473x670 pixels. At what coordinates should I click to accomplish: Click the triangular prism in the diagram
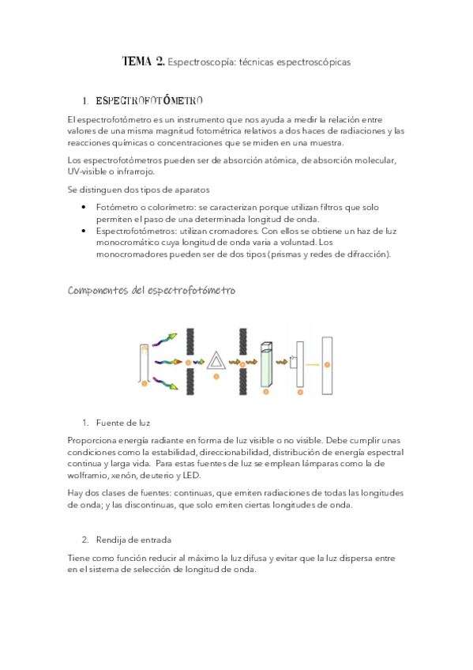(x=214, y=362)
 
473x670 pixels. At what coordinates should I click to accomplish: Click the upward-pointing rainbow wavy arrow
(x=167, y=337)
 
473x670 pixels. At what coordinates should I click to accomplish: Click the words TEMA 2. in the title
(x=144, y=61)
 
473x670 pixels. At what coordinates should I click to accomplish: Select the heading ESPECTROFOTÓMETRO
(x=149, y=101)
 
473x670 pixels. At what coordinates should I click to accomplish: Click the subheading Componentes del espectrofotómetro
(x=151, y=290)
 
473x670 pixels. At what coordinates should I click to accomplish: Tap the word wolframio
(x=89, y=476)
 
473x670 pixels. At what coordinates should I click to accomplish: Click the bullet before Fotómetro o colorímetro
(x=84, y=207)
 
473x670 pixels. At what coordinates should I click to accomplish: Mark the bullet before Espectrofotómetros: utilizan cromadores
(x=84, y=231)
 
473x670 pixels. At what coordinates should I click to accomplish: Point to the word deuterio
(x=157, y=476)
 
